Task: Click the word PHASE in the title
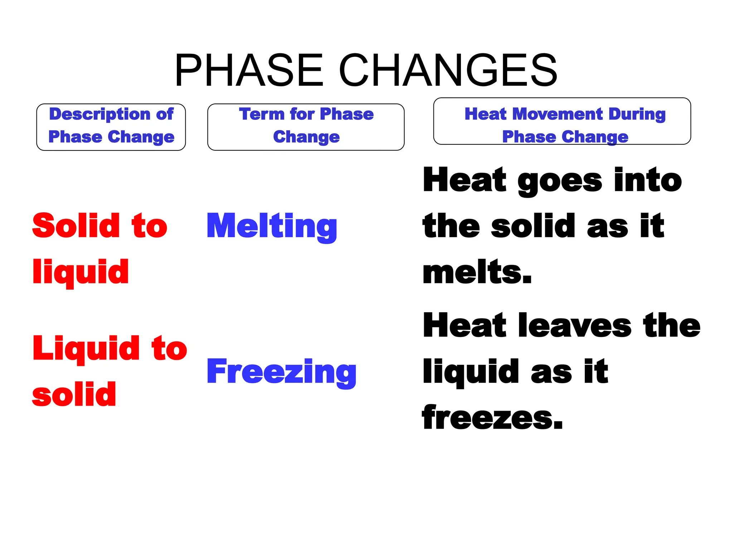pyautogui.click(x=249, y=70)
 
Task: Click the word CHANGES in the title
pyautogui.click(x=448, y=70)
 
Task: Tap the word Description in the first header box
pyautogui.click(x=100, y=115)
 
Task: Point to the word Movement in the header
pyautogui.click(x=558, y=114)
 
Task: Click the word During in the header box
pyautogui.click(x=637, y=115)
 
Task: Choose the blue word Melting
pyautogui.click(x=272, y=226)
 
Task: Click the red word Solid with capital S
pyautogui.click(x=76, y=226)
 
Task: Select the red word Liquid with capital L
pyautogui.click(x=86, y=349)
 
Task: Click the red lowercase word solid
pyautogui.click(x=74, y=395)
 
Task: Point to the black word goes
pyautogui.click(x=560, y=181)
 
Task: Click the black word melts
pyautogui.click(x=477, y=272)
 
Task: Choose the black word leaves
pyautogui.click(x=574, y=325)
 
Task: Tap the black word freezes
pyautogui.click(x=492, y=418)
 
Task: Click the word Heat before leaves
pyautogui.click(x=465, y=325)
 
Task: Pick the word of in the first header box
pyautogui.click(x=165, y=115)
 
